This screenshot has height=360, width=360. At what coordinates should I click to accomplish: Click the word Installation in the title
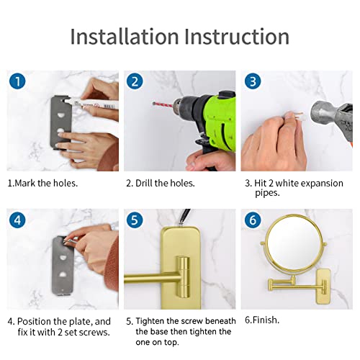tap(125, 36)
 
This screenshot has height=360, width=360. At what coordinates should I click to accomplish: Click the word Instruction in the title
tap(237, 36)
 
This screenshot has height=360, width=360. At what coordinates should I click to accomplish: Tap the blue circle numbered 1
tap(17, 81)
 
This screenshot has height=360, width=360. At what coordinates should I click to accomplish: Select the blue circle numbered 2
tap(135, 81)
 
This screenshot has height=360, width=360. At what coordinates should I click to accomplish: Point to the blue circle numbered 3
tap(253, 81)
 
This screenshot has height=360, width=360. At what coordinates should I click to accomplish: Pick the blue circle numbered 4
tap(17, 220)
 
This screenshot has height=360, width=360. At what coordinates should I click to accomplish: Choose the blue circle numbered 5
tap(135, 220)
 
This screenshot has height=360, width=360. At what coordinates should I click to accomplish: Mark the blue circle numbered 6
tap(253, 220)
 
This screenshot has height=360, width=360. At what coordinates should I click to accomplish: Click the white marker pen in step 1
tap(91, 104)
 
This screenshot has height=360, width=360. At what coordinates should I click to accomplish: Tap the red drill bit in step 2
tap(163, 104)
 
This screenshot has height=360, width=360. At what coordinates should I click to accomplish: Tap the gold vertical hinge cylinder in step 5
tap(184, 276)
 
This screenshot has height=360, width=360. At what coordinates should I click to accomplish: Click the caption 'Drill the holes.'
tap(165, 183)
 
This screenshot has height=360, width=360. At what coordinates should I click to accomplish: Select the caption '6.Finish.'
tap(262, 320)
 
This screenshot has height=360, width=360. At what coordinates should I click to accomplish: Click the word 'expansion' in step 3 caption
tap(322, 184)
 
